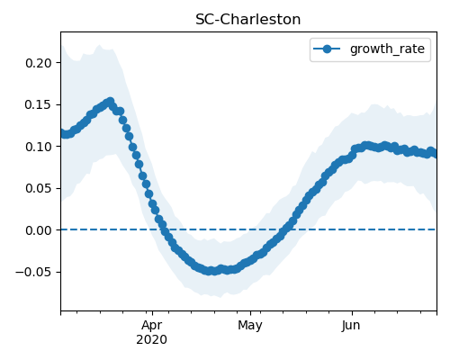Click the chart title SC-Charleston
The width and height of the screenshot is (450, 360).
pos(247,20)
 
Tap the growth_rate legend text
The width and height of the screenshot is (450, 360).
pos(387,49)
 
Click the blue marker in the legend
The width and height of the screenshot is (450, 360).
pos(327,49)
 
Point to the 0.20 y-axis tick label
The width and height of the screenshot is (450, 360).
pos(39,63)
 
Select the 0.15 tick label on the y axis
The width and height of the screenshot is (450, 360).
pos(39,105)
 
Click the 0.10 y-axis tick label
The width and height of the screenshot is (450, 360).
pos(39,147)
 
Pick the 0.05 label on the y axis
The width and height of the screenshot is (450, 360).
pos(39,188)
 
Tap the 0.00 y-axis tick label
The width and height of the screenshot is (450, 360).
pos(39,230)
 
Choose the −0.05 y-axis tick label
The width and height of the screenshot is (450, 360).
pos(34,272)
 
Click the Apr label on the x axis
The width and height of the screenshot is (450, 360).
pos(152,326)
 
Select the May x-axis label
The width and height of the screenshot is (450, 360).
pos(250,326)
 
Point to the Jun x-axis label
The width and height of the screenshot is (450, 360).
pos(351,326)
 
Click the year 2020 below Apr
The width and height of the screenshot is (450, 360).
pos(151,340)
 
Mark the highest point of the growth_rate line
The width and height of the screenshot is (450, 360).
pos(111,102)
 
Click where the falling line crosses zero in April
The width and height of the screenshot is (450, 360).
pos(164,229)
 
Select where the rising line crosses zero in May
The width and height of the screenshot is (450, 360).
pos(285,229)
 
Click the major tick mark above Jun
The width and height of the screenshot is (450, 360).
pos(352,313)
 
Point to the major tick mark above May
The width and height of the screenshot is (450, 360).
pos(251,313)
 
